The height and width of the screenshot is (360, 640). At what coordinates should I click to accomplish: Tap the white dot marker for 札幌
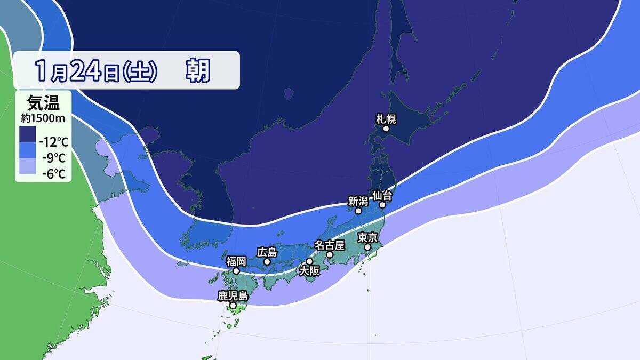pyautogui.click(x=386, y=129)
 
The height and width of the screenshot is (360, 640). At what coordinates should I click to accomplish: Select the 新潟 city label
pyautogui.click(x=358, y=201)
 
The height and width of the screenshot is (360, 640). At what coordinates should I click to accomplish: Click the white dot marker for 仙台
pyautogui.click(x=382, y=205)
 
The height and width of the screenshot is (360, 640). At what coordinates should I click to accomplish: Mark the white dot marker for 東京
pyautogui.click(x=367, y=247)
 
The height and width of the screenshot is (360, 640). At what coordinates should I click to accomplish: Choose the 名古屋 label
pyautogui.click(x=330, y=245)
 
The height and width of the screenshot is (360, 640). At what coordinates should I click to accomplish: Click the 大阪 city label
pyautogui.click(x=309, y=271)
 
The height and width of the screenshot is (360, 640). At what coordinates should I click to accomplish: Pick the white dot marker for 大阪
pyautogui.click(x=309, y=261)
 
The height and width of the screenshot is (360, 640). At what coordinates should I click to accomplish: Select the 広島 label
pyautogui.click(x=267, y=251)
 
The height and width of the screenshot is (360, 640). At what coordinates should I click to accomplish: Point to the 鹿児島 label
pyautogui.click(x=233, y=295)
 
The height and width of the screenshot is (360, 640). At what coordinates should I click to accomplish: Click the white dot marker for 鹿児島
pyautogui.click(x=233, y=306)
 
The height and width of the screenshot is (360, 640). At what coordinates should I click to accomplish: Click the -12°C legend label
pyautogui.click(x=53, y=142)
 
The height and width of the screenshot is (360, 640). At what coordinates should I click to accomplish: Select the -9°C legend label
pyautogui.click(x=53, y=158)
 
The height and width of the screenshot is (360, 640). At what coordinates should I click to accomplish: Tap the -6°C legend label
pyautogui.click(x=53, y=173)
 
